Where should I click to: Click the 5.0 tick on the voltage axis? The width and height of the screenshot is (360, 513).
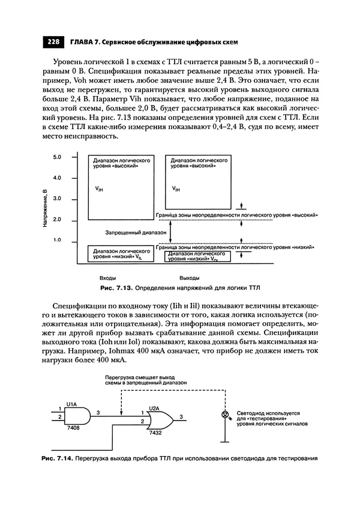pyautogui.click(x=58, y=157)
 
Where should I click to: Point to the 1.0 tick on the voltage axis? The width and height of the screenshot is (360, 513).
pyautogui.click(x=58, y=240)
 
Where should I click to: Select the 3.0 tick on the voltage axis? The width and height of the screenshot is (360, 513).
pyautogui.click(x=58, y=199)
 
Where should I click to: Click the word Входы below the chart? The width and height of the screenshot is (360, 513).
pyautogui.click(x=107, y=278)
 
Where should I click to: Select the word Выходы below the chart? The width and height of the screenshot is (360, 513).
pyautogui.click(x=190, y=278)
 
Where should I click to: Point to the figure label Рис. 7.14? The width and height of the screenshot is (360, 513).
pyautogui.click(x=56, y=459)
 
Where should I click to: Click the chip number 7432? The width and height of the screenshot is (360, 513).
pyautogui.click(x=157, y=433)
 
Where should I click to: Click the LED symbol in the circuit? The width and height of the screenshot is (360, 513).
pyautogui.click(x=225, y=415)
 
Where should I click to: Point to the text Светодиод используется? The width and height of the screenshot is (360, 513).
pyautogui.click(x=268, y=414)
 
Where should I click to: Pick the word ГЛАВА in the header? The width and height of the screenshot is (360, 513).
pyautogui.click(x=83, y=42)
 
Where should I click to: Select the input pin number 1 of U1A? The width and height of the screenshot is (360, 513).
pyautogui.click(x=59, y=409)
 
